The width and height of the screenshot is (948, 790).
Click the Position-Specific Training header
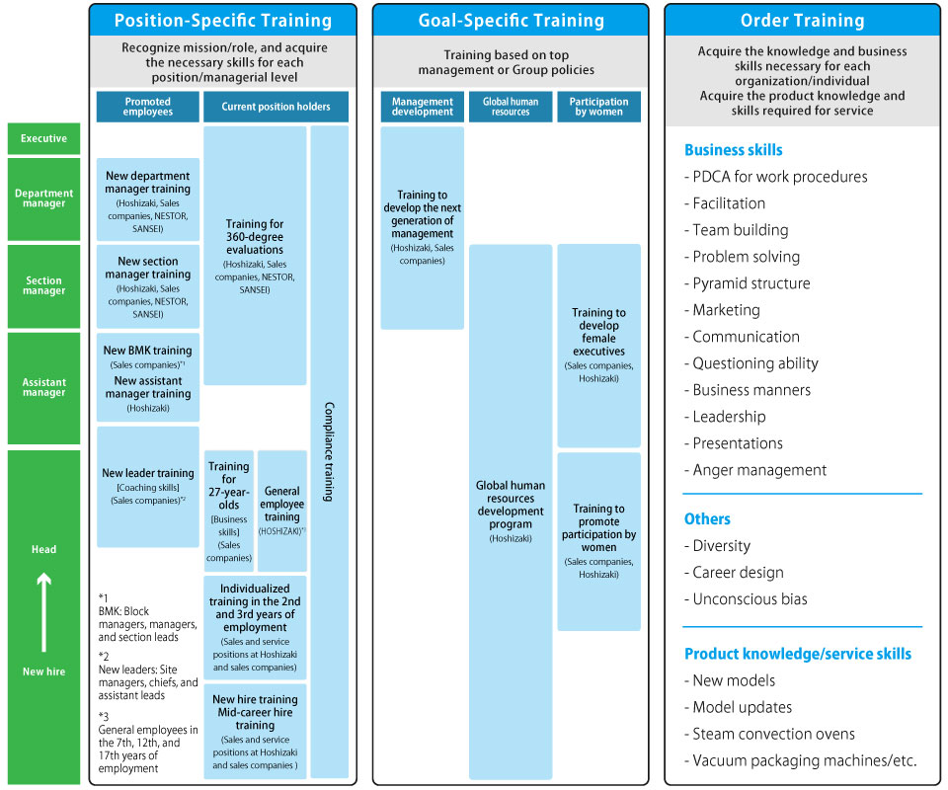pyautogui.click(x=223, y=21)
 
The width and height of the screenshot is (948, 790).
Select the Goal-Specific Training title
pyautogui.click(x=511, y=21)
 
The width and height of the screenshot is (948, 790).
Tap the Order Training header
pyautogui.click(x=802, y=21)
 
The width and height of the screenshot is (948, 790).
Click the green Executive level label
pyautogui.click(x=43, y=138)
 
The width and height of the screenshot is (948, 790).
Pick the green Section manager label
pyautogui.click(x=43, y=286)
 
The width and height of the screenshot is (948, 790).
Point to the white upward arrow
pyautogui.click(x=43, y=612)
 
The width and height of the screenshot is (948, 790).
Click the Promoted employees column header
pyautogui.click(x=147, y=107)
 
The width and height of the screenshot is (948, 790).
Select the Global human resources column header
pyautogui.click(x=511, y=107)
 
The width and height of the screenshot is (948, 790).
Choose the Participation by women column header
pyautogui.click(x=598, y=107)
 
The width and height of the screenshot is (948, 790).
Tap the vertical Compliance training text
pyautogui.click(x=329, y=451)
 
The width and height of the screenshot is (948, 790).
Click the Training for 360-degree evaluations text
pyautogui.click(x=255, y=237)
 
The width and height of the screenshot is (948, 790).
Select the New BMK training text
pyautogui.click(x=147, y=351)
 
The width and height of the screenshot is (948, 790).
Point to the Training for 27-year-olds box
pyautogui.click(x=228, y=511)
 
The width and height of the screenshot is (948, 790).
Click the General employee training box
pyautogui.click(x=281, y=511)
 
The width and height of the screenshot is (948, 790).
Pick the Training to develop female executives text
pyautogui.click(x=598, y=332)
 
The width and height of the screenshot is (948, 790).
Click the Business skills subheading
pyautogui.click(x=734, y=150)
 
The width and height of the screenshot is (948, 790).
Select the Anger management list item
pyautogui.click(x=755, y=470)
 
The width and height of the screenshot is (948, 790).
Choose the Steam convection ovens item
pyautogui.click(x=769, y=734)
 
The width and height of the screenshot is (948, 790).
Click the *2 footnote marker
pyautogui.click(x=104, y=657)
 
